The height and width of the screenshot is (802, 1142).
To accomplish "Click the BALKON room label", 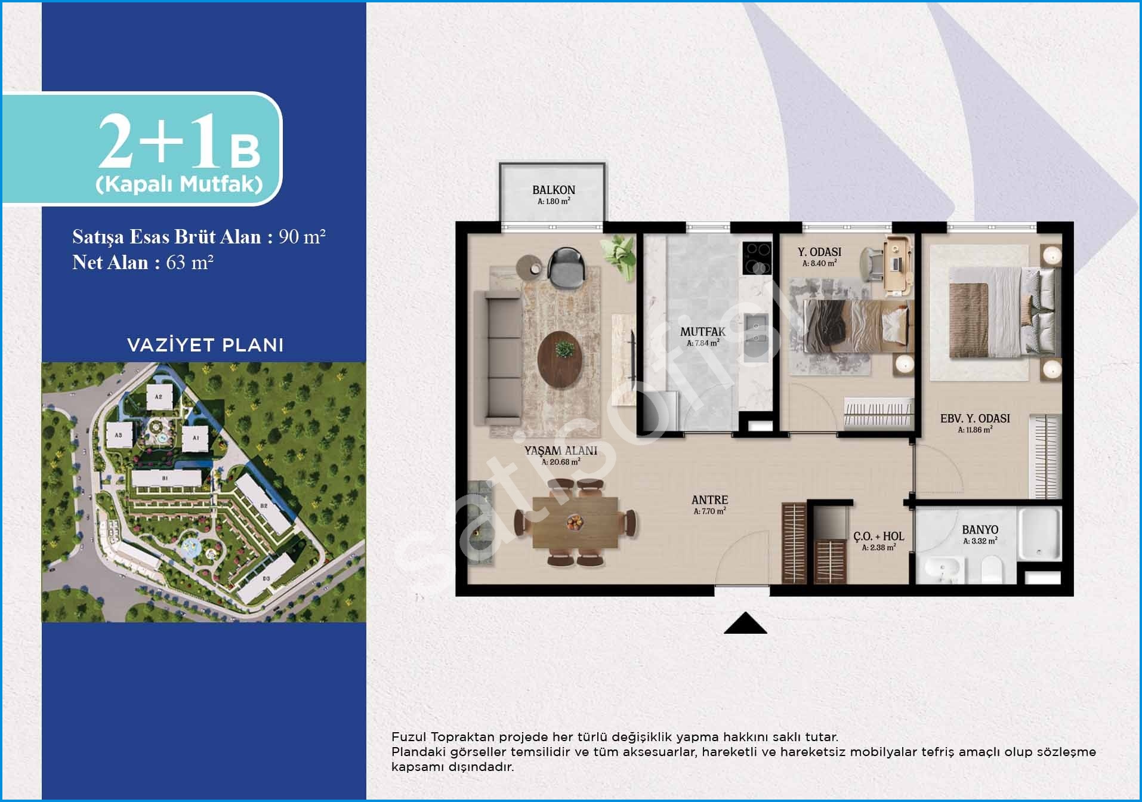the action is pyautogui.click(x=554, y=190).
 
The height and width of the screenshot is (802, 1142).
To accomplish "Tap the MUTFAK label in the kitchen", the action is pyautogui.click(x=703, y=332).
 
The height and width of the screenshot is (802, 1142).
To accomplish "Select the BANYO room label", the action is pyautogui.click(x=980, y=530).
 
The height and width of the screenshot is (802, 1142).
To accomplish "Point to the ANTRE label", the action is pyautogui.click(x=709, y=500).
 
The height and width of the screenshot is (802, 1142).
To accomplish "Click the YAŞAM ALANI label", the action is pyautogui.click(x=561, y=451).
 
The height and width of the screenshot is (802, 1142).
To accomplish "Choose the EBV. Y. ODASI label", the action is pyautogui.click(x=975, y=419).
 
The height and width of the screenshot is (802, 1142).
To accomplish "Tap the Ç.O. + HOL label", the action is pyautogui.click(x=879, y=536).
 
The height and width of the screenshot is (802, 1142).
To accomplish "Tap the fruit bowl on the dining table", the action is pyautogui.click(x=575, y=523).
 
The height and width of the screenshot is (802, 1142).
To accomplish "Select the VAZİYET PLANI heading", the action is pyautogui.click(x=205, y=345).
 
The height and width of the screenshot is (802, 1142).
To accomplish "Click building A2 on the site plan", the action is pyautogui.click(x=159, y=396).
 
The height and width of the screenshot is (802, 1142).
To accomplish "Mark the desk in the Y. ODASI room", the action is pyautogui.click(x=898, y=265).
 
